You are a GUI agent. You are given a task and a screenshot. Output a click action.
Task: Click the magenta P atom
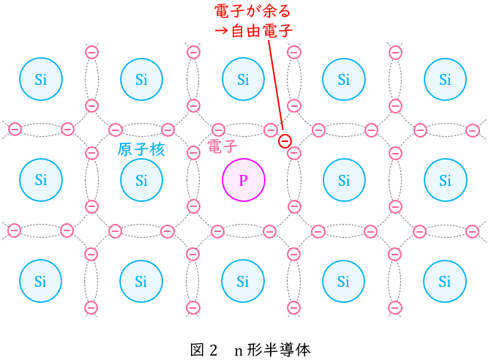click(x=244, y=180)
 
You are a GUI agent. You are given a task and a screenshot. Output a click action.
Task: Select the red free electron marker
click(x=285, y=141)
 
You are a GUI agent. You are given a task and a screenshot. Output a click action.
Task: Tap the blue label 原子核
click(x=141, y=150)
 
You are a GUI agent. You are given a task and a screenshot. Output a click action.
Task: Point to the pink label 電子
click(x=222, y=146)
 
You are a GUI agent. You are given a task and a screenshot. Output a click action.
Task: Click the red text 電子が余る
click(x=252, y=11)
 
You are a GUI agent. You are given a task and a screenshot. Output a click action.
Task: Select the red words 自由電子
click(x=262, y=31)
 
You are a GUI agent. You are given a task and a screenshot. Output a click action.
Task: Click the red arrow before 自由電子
click(x=222, y=31)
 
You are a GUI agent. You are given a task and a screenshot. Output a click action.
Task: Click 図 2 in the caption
click(x=203, y=350)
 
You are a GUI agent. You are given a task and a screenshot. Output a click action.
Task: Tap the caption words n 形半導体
click(x=272, y=350)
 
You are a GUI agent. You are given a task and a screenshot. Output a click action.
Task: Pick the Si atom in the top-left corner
click(x=41, y=79)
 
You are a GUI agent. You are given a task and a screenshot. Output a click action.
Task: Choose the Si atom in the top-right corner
click(x=446, y=79)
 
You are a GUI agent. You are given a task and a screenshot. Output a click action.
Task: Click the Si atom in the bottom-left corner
click(x=41, y=281)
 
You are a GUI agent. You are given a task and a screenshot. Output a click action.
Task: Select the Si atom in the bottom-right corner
click(x=445, y=281)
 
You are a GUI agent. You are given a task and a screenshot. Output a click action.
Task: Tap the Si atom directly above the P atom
click(x=244, y=79)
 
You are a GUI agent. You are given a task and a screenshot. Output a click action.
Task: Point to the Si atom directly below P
click(x=243, y=281)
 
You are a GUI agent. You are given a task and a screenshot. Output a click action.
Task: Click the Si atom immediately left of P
click(x=141, y=180)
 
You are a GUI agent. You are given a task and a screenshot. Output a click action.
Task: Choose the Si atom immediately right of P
click(x=344, y=180)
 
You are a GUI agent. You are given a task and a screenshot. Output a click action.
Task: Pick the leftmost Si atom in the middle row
click(x=41, y=180)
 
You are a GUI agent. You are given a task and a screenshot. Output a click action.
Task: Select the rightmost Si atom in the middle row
click(x=446, y=180)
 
